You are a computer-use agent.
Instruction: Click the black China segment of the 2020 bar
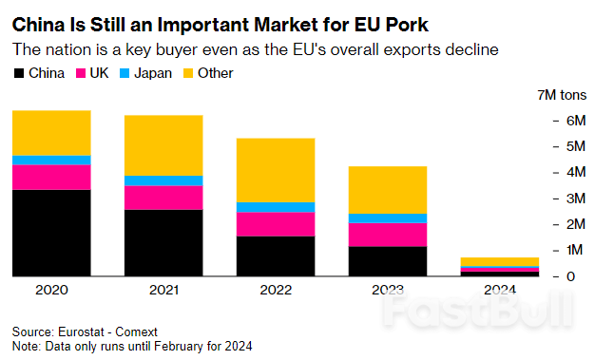click(51, 233)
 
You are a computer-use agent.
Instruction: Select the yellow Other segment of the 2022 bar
click(276, 170)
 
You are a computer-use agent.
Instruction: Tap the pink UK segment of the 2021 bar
click(163, 198)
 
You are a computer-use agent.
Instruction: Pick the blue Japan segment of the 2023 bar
click(387, 218)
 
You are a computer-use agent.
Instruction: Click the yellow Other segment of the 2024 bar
click(499, 261)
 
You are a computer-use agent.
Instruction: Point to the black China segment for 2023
click(387, 261)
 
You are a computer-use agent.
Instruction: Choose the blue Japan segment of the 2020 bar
click(51, 161)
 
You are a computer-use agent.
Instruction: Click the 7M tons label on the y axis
click(564, 95)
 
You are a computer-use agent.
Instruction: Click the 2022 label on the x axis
click(276, 291)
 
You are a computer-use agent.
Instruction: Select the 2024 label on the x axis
click(499, 291)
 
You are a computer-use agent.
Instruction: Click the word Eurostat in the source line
click(84, 332)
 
